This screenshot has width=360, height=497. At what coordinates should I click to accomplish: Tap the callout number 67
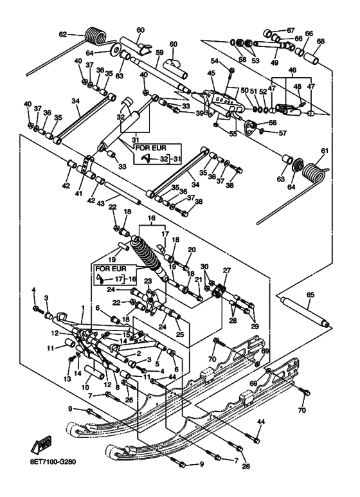[291, 30]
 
